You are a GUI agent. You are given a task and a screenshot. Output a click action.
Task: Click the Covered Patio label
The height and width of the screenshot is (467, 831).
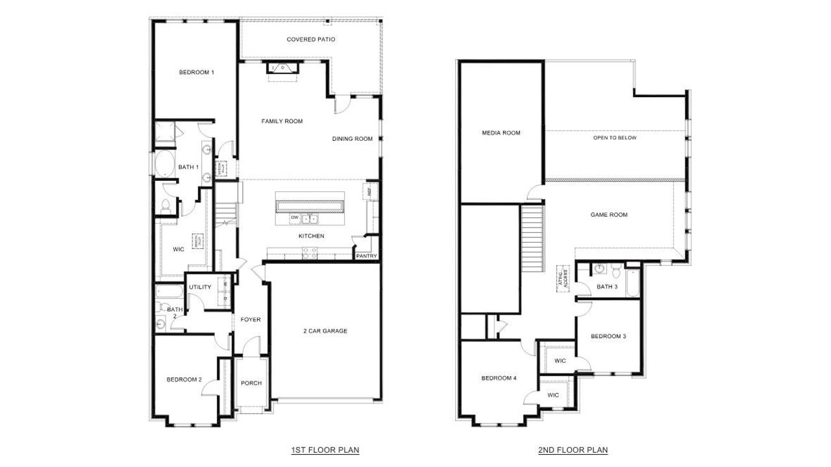(x=310, y=40)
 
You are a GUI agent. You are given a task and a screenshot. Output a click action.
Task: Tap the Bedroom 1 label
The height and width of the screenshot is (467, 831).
(x=197, y=73)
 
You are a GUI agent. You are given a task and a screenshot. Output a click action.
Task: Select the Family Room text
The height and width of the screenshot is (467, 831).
(x=282, y=121)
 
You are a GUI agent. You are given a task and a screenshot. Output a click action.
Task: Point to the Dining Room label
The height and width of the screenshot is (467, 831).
(x=353, y=139)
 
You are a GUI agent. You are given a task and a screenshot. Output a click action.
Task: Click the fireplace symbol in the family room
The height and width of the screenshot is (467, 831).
(x=282, y=70)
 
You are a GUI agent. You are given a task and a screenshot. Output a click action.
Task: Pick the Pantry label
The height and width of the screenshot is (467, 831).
(x=366, y=256)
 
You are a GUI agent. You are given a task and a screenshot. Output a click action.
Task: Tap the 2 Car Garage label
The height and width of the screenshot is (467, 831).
(x=325, y=331)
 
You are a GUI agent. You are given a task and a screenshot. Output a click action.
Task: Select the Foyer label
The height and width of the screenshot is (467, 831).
(x=251, y=319)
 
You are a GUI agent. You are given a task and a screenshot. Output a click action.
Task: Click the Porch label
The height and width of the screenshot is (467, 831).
(x=251, y=383)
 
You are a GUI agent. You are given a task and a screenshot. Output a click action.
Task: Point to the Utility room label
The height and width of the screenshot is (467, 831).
(x=200, y=287)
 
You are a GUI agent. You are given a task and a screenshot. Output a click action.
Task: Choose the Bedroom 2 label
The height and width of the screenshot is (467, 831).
(x=184, y=379)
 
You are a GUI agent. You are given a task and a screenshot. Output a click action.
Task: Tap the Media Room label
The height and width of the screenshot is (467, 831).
(x=501, y=133)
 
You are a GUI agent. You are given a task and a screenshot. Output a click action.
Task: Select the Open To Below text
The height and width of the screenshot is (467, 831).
(x=615, y=138)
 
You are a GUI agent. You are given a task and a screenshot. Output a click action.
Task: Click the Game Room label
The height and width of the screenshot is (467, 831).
(x=609, y=215)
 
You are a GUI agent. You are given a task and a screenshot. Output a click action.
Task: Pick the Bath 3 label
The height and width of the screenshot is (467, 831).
(x=607, y=287)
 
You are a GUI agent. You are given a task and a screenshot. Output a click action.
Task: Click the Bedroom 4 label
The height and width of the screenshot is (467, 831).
(x=499, y=378)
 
